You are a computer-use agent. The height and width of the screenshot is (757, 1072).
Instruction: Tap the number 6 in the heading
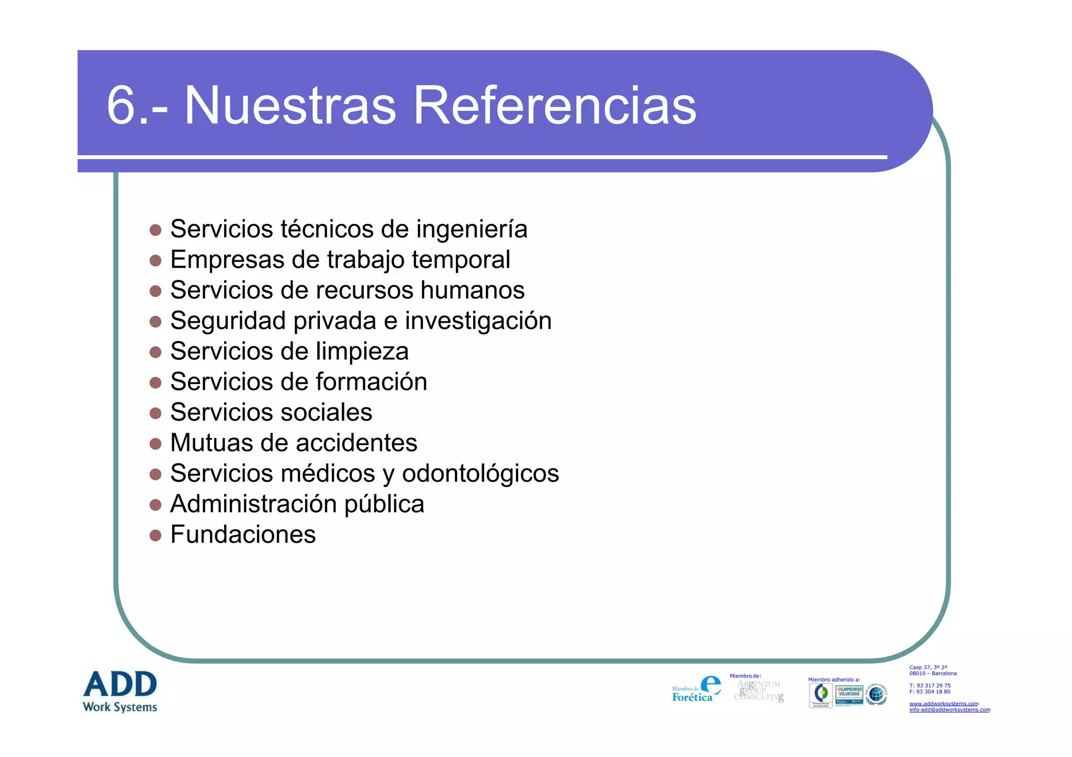coord(121,106)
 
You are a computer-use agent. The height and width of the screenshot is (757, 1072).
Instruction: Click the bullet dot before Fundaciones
coord(155,535)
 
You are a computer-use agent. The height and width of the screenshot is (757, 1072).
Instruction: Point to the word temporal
coord(461,260)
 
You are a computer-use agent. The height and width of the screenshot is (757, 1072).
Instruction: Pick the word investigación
coord(478,321)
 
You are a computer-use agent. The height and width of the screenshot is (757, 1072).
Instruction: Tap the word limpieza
coord(362,352)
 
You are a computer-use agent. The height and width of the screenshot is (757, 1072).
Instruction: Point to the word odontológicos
coord(481,474)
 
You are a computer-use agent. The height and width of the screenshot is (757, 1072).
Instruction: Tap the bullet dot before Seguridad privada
coord(155,321)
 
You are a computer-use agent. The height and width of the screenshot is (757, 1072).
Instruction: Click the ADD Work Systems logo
coord(120,691)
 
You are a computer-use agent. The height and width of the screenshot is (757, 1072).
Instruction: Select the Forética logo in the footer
coord(696,690)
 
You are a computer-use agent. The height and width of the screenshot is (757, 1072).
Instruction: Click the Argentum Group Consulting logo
coord(759,691)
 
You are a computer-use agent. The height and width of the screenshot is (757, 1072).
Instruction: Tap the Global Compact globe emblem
coord(876,694)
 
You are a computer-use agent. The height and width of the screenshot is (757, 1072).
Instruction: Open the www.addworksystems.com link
coord(944,704)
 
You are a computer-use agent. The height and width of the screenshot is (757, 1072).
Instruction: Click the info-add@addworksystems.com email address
coord(950,710)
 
